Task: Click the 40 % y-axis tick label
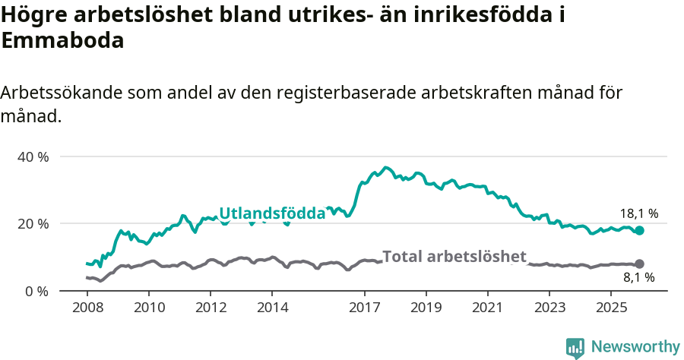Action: [32, 156]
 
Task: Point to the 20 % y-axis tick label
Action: [32, 223]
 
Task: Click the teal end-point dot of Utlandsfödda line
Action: [639, 230]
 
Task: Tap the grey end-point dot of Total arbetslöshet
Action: [639, 264]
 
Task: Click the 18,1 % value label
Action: [638, 213]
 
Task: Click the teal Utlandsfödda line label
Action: [272, 213]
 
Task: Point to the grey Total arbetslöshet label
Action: [454, 256]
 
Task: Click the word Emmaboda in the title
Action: [62, 41]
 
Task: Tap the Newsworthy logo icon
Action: [575, 347]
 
